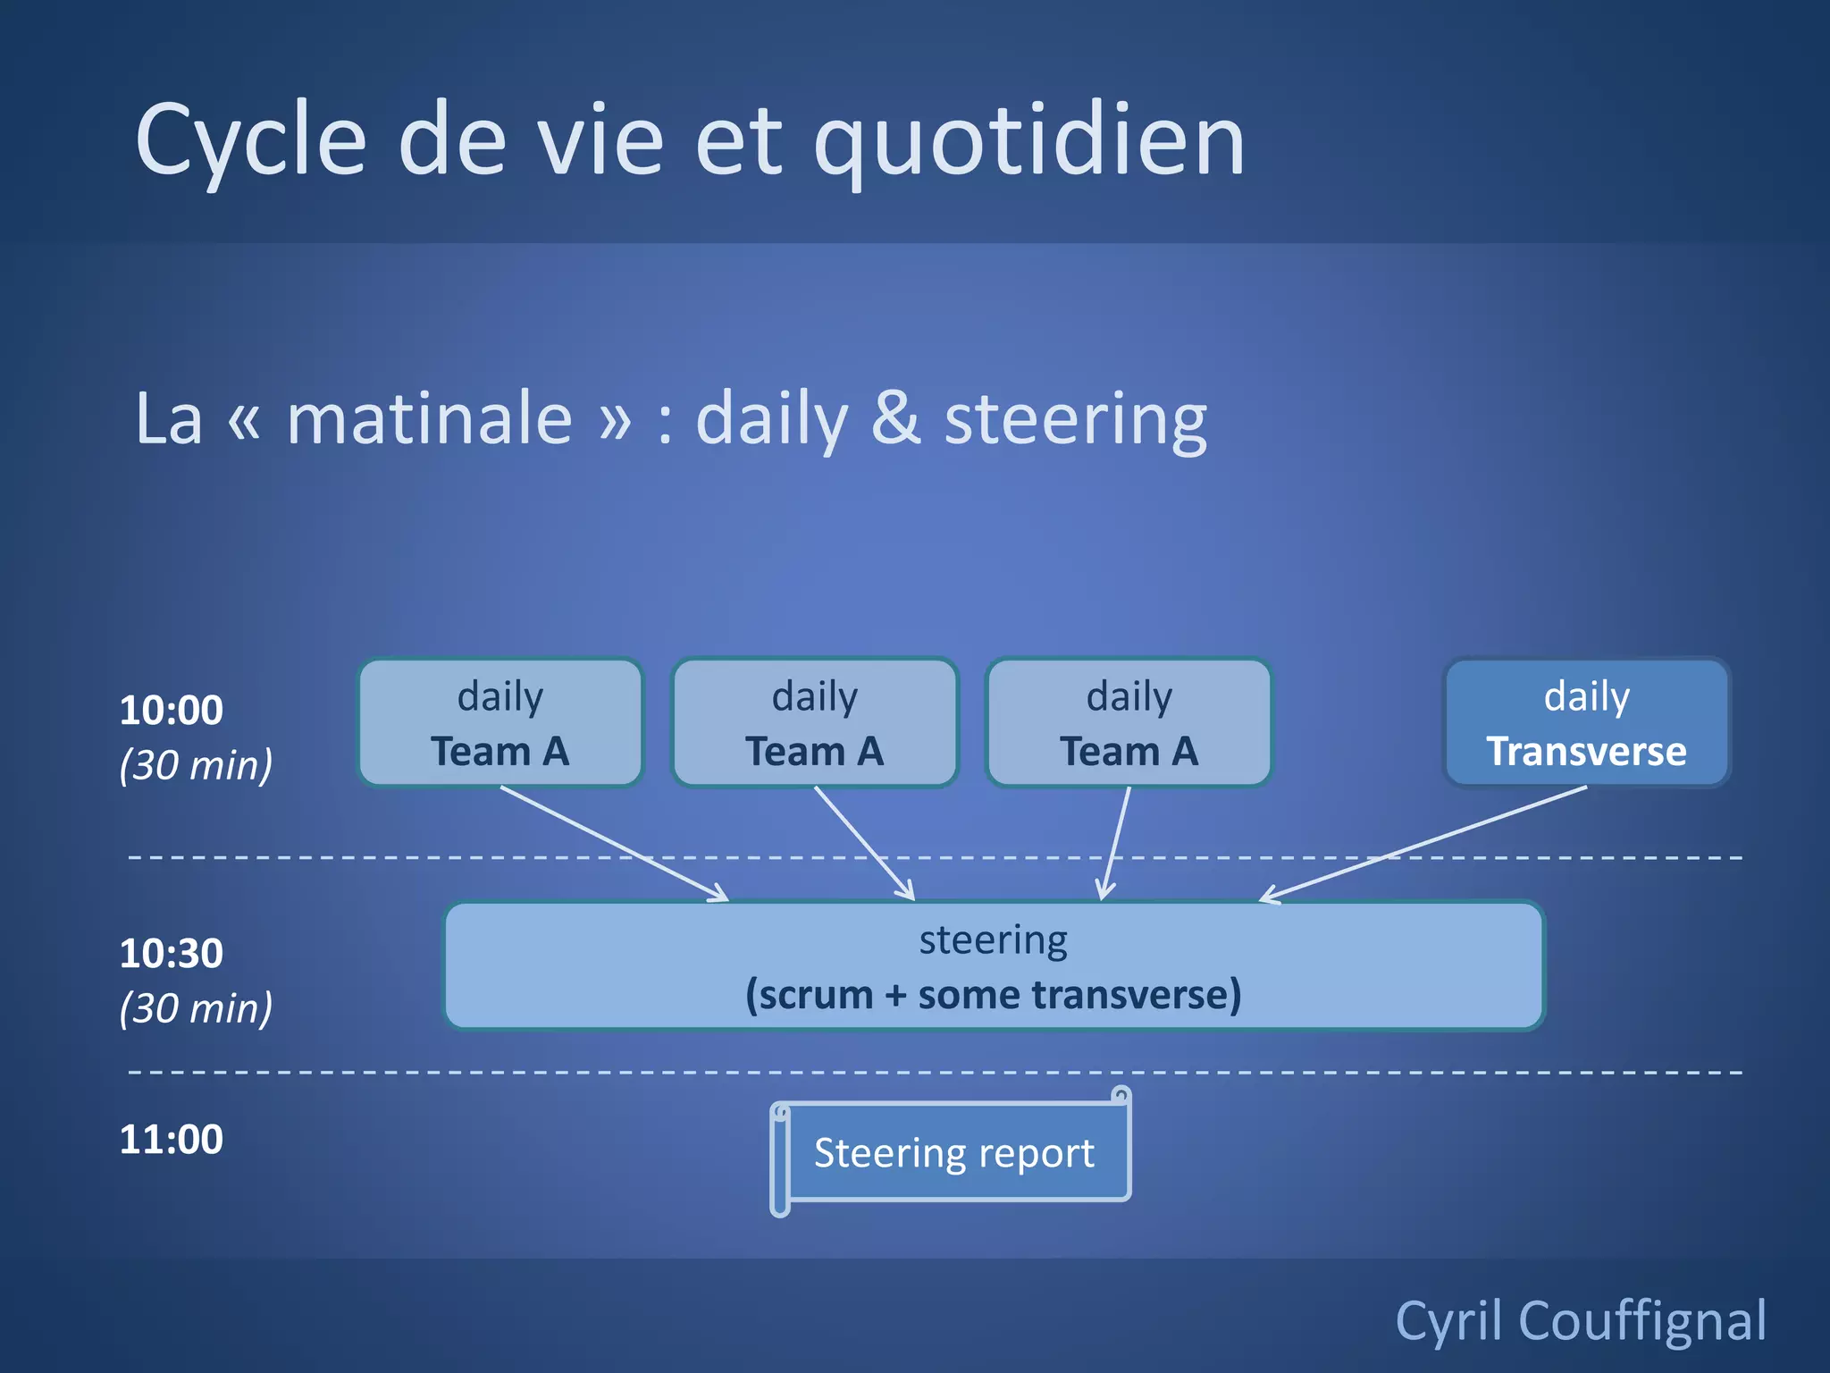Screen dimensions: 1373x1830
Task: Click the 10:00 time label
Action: point(172,711)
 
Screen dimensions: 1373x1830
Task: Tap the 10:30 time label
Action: point(172,954)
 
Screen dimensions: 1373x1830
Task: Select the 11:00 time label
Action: point(172,1140)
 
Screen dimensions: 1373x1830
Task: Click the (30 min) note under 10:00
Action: point(196,765)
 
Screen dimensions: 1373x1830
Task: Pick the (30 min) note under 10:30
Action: point(196,1008)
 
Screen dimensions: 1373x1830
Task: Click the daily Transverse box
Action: point(1586,723)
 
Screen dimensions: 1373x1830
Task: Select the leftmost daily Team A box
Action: point(500,723)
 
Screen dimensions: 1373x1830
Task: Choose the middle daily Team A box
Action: point(815,723)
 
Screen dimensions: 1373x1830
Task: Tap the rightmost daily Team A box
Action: point(1129,723)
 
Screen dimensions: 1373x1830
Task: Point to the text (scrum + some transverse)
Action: point(994,995)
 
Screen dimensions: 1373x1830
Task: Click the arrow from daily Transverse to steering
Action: point(1421,843)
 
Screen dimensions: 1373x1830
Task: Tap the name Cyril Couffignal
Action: point(1581,1321)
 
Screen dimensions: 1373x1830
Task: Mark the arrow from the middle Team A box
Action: point(864,843)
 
